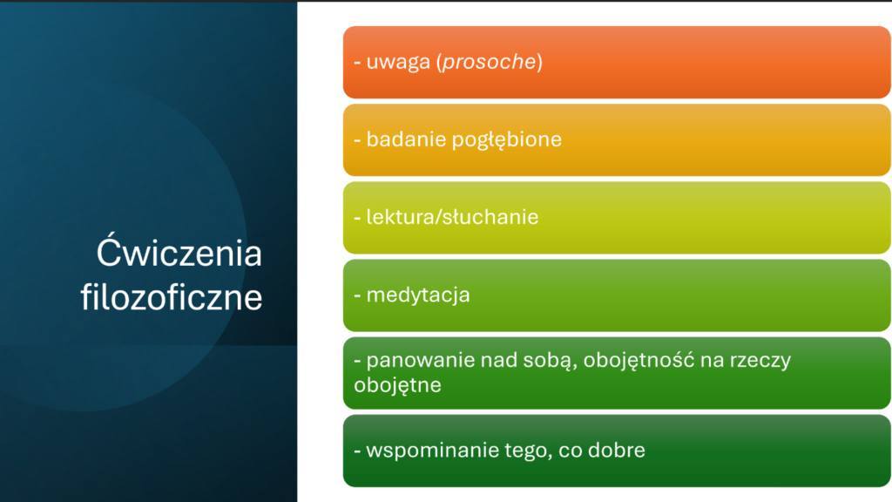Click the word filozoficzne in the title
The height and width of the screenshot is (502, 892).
pos(172,296)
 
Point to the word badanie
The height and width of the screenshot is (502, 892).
pos(406,139)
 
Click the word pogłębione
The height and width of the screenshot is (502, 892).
pos(507,140)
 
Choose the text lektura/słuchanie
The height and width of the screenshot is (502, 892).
pos(452,217)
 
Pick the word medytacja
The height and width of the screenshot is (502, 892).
pos(418,295)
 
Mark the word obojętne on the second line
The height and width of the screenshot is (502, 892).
pos(397,385)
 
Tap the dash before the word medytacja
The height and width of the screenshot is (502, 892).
pos(357,296)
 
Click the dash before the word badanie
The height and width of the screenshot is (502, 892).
pos(357,140)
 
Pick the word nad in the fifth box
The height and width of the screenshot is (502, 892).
pos(499,360)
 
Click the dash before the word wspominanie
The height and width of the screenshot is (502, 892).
pos(357,451)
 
